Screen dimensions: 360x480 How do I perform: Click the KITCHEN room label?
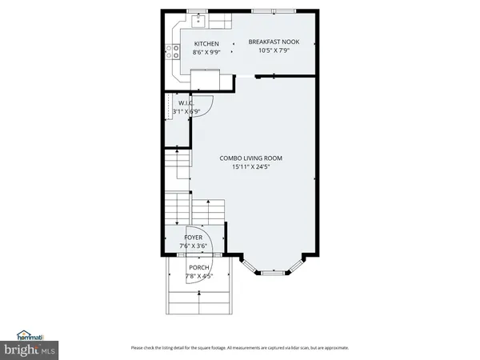pyautogui.click(x=206, y=43)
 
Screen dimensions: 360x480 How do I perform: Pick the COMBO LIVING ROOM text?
pyautogui.click(x=251, y=158)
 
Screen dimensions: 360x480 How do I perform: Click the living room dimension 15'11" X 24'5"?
pyautogui.click(x=251, y=167)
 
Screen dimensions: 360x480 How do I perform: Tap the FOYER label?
pyautogui.click(x=194, y=238)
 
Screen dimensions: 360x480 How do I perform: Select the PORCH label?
pyautogui.click(x=198, y=267)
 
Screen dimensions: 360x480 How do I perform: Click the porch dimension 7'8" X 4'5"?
pyautogui.click(x=198, y=276)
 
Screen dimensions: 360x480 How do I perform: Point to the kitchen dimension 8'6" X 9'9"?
pyautogui.click(x=206, y=52)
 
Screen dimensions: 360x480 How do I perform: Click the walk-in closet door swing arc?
pyautogui.click(x=205, y=106)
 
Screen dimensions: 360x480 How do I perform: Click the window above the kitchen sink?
pyautogui.click(x=198, y=10)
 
